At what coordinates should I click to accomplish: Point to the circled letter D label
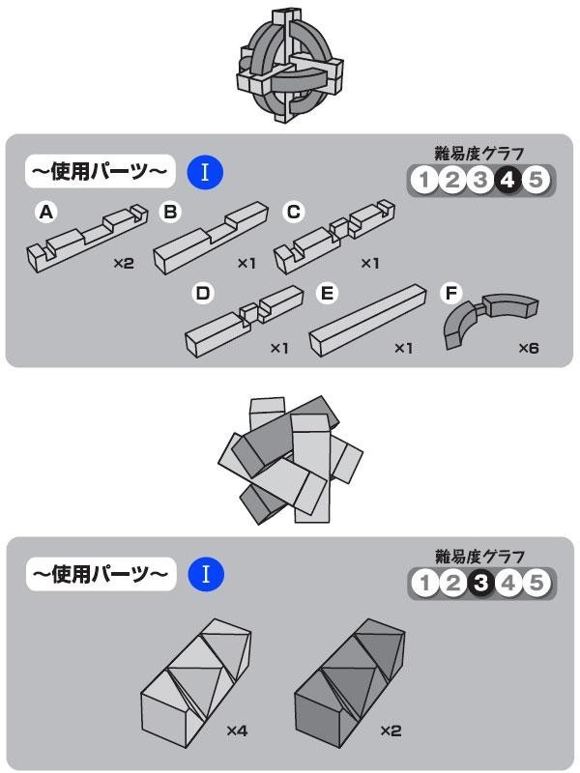click(203, 294)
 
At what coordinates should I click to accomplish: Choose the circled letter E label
click(326, 294)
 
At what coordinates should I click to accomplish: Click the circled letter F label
click(450, 293)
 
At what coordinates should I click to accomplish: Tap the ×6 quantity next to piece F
click(528, 347)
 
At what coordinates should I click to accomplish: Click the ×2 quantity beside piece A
click(123, 262)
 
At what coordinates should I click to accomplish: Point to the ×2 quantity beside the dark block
click(390, 730)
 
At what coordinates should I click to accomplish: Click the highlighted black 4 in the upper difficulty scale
click(508, 180)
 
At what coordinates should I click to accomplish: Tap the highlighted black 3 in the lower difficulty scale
click(479, 583)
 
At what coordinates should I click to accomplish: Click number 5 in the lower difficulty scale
click(537, 583)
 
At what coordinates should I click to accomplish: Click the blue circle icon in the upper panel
click(206, 173)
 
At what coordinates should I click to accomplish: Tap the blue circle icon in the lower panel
click(206, 575)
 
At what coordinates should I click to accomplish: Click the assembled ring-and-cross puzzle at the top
click(289, 69)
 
